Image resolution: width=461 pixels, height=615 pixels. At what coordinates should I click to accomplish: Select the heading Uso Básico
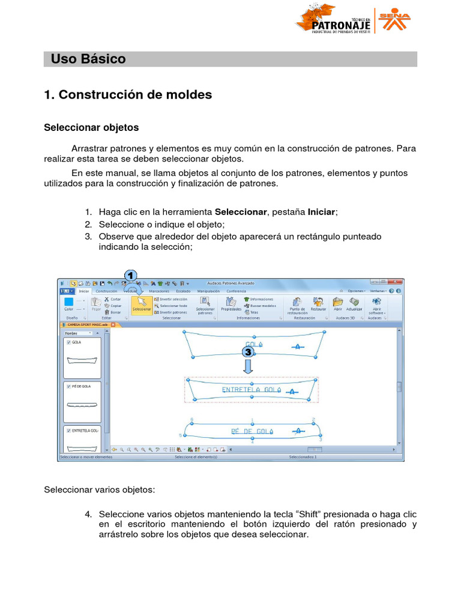(88, 59)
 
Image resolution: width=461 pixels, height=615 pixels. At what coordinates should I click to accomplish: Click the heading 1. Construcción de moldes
(128, 95)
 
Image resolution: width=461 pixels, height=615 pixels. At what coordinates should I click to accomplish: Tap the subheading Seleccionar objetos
(91, 128)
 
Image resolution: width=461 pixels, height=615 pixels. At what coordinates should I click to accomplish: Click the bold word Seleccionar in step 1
(240, 213)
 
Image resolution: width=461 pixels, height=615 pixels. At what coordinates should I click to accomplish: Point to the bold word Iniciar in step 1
(322, 213)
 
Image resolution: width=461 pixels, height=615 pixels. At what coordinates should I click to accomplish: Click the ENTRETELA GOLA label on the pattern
(252, 390)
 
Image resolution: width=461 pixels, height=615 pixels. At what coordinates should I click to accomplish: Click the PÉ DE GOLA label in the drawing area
(252, 431)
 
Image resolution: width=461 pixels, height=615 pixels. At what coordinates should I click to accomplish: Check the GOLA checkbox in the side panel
(69, 342)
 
